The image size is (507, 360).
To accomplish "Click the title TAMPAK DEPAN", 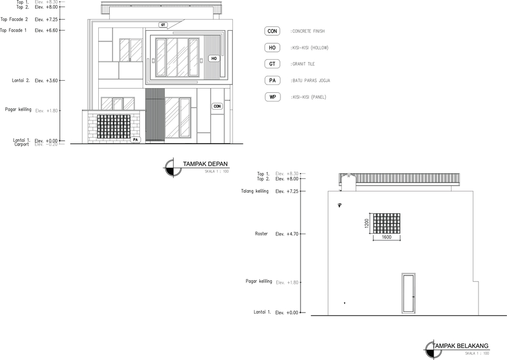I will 205,164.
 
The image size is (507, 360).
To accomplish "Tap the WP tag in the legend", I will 273,97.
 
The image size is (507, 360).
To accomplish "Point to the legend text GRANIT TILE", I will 303,64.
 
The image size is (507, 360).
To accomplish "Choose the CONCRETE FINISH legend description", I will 308,32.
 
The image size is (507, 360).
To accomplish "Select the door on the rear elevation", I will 408,293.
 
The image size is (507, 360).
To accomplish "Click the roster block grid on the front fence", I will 113,127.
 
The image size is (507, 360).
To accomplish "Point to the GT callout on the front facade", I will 163,25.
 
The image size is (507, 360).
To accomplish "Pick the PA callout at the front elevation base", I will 136,139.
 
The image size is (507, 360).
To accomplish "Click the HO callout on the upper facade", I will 213,59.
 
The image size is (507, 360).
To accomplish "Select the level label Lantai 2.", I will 21,81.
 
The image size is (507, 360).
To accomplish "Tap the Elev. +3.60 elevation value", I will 46,81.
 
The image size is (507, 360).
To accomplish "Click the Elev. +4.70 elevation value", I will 287,234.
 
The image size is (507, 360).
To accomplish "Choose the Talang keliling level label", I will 255,191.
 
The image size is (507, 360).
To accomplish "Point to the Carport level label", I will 22,144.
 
